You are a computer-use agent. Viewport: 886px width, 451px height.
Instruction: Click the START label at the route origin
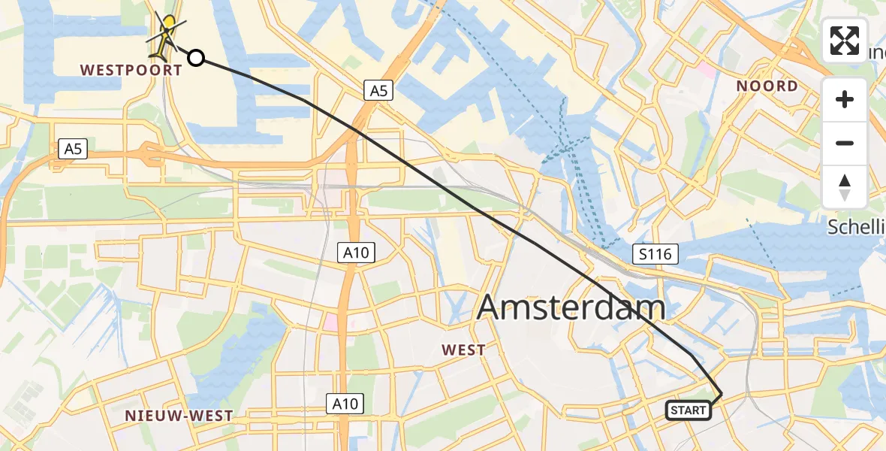[x=688, y=410]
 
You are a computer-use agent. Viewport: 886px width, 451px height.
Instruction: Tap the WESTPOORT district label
[x=131, y=71]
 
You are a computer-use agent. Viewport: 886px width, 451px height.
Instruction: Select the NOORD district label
[x=767, y=86]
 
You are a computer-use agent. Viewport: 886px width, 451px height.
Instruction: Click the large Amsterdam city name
[x=571, y=307]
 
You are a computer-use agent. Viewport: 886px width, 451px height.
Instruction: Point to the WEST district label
[x=464, y=350]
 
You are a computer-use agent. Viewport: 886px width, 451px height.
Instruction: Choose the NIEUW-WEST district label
[x=179, y=416]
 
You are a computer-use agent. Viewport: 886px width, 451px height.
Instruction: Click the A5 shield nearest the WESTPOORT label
[x=73, y=149]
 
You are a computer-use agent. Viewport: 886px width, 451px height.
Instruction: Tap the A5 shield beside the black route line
[x=378, y=91]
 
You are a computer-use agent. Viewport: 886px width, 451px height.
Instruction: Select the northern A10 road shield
[x=356, y=252]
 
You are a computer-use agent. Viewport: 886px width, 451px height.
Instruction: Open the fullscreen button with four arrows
[x=845, y=41]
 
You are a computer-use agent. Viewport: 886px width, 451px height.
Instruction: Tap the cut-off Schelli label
[x=856, y=227]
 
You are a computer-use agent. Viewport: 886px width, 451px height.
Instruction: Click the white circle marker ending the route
[x=195, y=57]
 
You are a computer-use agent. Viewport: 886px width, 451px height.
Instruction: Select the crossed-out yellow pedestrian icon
[x=166, y=35]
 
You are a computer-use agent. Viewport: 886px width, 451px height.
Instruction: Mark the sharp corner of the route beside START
[x=721, y=394]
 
